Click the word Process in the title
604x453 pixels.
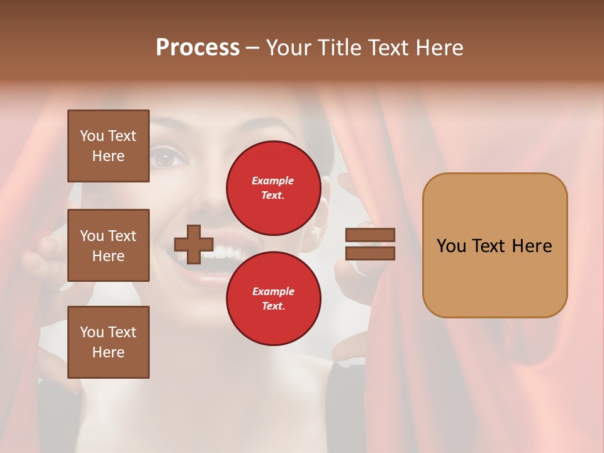point(198,48)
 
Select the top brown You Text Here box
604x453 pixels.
point(108,146)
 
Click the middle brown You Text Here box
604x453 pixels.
point(108,245)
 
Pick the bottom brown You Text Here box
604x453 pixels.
point(108,342)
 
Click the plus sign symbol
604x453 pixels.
point(194,244)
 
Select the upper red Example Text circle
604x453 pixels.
point(273,187)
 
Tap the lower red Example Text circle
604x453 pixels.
point(273,298)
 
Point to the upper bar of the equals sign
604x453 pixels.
point(370,235)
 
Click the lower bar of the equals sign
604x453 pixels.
point(370,253)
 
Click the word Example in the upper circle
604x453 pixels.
point(273,181)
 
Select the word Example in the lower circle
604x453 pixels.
point(273,291)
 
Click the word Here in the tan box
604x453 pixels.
point(532,246)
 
